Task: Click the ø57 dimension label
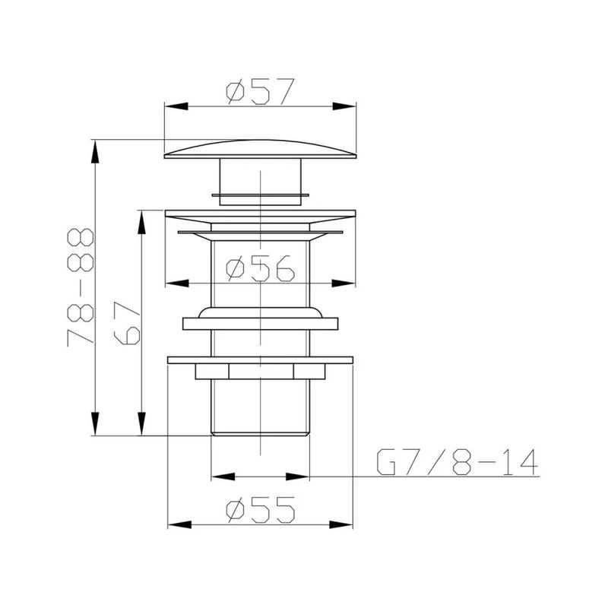pyautogui.click(x=260, y=92)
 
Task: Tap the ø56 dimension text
pyautogui.click(x=260, y=268)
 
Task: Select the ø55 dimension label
pyautogui.click(x=260, y=509)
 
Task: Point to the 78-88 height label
pyautogui.click(x=81, y=287)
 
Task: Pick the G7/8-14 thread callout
pyautogui.click(x=458, y=462)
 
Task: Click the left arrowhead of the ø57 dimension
pyautogui.click(x=176, y=106)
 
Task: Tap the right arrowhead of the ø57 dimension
pyautogui.click(x=344, y=106)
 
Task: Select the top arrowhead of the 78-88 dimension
pyautogui.click(x=94, y=151)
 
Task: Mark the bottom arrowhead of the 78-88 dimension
pyautogui.click(x=94, y=424)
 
